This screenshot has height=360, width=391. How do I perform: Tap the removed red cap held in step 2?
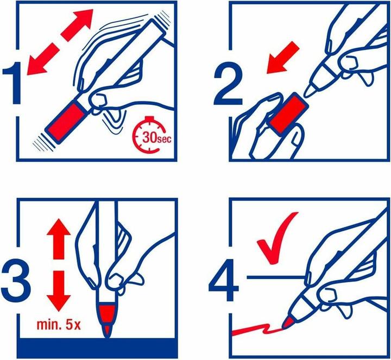click(286, 112)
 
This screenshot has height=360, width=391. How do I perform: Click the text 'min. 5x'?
click(59, 327)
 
